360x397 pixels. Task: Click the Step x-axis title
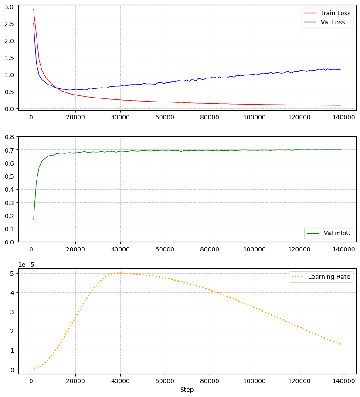pyautogui.click(x=187, y=390)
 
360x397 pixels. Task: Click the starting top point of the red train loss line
pyautogui.click(x=34, y=9)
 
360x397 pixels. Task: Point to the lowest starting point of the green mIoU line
pyautogui.click(x=34, y=219)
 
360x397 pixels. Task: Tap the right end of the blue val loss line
pyautogui.click(x=340, y=69)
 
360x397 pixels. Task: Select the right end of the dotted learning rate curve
pyautogui.click(x=340, y=345)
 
